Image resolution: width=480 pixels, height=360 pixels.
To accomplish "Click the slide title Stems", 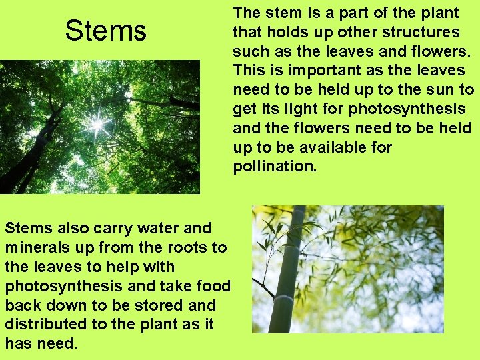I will click(105, 31).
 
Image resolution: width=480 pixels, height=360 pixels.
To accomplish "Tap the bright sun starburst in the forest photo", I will click(97, 123).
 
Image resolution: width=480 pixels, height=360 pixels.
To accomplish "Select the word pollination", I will click(274, 166).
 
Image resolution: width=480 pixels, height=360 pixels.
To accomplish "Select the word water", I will click(151, 228).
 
